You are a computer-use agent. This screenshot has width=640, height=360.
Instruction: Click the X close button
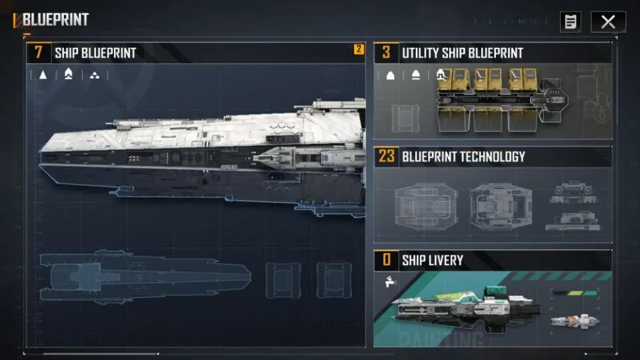coord(608,21)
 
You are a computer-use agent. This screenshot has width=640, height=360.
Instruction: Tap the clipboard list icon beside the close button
coord(571,21)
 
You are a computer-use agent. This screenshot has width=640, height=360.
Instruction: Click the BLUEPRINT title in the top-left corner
coord(55,19)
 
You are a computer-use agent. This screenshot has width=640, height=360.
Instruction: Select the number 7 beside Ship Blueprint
coord(39,52)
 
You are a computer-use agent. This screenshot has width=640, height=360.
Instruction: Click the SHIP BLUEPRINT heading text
coord(95,53)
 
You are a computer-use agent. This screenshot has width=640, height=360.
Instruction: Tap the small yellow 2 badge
coord(359,49)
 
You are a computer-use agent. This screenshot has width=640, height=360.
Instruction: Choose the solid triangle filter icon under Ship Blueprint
coord(43,75)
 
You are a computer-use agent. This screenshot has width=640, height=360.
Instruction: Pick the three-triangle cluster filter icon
coord(95,75)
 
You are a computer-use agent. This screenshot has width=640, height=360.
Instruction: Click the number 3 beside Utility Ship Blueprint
coord(386,52)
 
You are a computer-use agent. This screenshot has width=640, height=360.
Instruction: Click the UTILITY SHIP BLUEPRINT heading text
coord(463,53)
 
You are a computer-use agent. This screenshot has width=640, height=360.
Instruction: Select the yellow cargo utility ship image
coord(503,99)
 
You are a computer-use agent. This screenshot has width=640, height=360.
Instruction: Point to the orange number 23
coord(387,156)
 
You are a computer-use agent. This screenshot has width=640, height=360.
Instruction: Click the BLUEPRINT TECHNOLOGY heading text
coord(464,157)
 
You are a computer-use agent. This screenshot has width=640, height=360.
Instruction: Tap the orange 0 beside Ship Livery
coord(387,259)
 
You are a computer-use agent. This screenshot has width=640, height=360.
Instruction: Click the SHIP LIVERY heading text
coord(433,261)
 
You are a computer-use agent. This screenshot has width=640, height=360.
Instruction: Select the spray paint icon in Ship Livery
coord(391,281)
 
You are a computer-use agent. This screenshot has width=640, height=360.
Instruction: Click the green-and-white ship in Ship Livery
coord(466,308)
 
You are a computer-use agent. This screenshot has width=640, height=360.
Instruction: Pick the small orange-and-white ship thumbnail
coord(575,321)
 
